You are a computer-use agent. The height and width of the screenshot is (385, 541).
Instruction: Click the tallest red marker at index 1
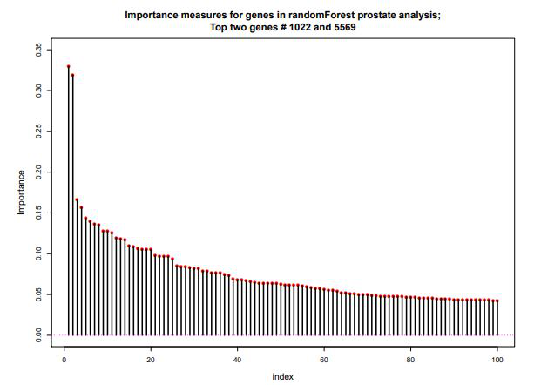68,66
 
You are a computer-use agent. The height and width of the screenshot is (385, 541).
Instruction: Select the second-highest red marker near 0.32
72,75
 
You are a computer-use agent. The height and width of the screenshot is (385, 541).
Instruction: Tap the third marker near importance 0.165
77,200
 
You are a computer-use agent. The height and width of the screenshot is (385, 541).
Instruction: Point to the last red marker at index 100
497,301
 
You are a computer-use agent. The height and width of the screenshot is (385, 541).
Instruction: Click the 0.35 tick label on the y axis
37,50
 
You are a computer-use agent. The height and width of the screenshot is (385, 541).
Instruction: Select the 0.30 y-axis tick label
37,91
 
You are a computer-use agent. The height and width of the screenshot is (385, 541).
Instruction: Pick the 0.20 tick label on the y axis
37,172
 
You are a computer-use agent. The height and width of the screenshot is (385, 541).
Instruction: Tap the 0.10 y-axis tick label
37,253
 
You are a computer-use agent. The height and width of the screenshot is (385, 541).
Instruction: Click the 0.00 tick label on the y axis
37,335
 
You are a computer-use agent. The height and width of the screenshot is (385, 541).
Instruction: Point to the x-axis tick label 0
64,357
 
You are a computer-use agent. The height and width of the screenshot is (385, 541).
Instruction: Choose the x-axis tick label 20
151,357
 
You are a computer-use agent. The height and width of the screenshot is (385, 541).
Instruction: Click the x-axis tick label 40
237,357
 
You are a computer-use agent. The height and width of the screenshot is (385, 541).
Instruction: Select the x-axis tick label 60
323,357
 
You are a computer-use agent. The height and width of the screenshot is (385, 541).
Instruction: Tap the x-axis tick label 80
410,357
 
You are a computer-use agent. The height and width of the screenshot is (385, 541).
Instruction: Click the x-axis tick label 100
497,357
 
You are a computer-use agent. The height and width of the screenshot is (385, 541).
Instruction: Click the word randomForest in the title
273,15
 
